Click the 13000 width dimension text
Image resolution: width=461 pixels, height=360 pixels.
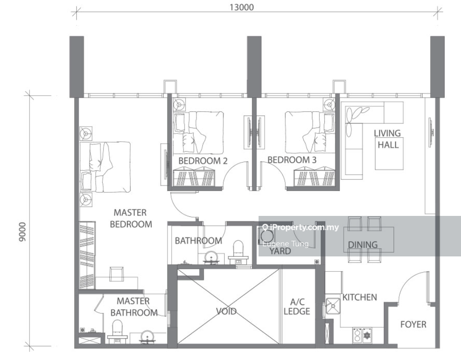pyautogui.click(x=242, y=7)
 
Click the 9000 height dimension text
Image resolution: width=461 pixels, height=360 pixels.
pyautogui.click(x=23, y=232)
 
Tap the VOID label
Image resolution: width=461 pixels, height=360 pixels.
pyautogui.click(x=226, y=311)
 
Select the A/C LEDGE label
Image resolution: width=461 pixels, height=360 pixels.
pyautogui.click(x=297, y=307)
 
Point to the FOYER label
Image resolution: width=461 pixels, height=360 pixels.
pyautogui.click(x=413, y=325)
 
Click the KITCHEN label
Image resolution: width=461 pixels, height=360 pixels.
pyautogui.click(x=360, y=297)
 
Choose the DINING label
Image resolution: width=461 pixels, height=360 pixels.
pyautogui.click(x=363, y=244)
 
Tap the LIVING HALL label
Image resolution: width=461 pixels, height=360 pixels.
pyautogui.click(x=387, y=139)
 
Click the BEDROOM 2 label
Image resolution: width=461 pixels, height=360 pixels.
pyautogui.click(x=203, y=161)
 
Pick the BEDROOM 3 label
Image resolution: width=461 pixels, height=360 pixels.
pyautogui.click(x=292, y=160)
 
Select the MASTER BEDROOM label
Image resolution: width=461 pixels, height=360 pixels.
pyautogui.click(x=131, y=218)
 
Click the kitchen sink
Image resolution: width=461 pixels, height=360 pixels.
pyautogui.click(x=333, y=306)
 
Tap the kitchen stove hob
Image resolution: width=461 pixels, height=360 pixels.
pyautogui.click(x=362, y=336)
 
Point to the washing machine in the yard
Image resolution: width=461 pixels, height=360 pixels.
pyautogui.click(x=267, y=236)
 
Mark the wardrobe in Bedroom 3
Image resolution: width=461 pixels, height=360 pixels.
pyautogui.click(x=315, y=178)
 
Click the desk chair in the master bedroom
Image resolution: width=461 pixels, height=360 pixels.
pyautogui.click(x=116, y=274)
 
